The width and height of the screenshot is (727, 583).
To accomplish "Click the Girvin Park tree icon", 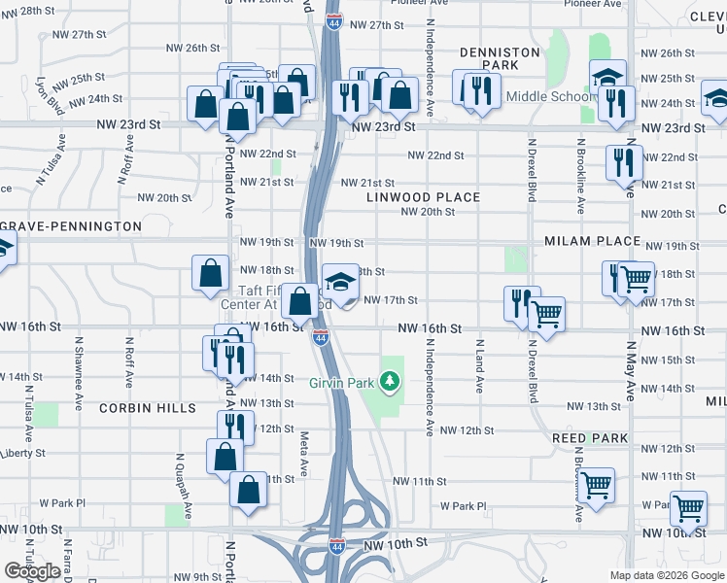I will pos(391,383).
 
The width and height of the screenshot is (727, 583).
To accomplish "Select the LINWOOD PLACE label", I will pos(423,197).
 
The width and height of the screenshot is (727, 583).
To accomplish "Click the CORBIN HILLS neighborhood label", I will pos(147,409).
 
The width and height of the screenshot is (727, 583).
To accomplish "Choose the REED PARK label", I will pos(590,438).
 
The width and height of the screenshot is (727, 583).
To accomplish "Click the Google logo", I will pos(32,571).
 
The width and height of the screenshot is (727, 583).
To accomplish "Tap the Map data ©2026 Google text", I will pos(667,575).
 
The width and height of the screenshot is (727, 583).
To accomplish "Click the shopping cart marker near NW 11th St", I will pos(595,483).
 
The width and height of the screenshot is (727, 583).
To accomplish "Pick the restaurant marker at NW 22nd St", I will pos(622,162).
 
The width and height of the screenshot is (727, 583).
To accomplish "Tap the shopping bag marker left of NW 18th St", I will pos(211,274).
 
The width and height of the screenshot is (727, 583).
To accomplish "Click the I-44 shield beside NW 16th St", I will pos(320,338).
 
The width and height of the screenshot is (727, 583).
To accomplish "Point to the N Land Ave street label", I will pos(479,365).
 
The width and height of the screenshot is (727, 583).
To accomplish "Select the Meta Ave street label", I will pos(304,454).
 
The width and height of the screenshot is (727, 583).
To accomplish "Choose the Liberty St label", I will pos(22,454).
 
